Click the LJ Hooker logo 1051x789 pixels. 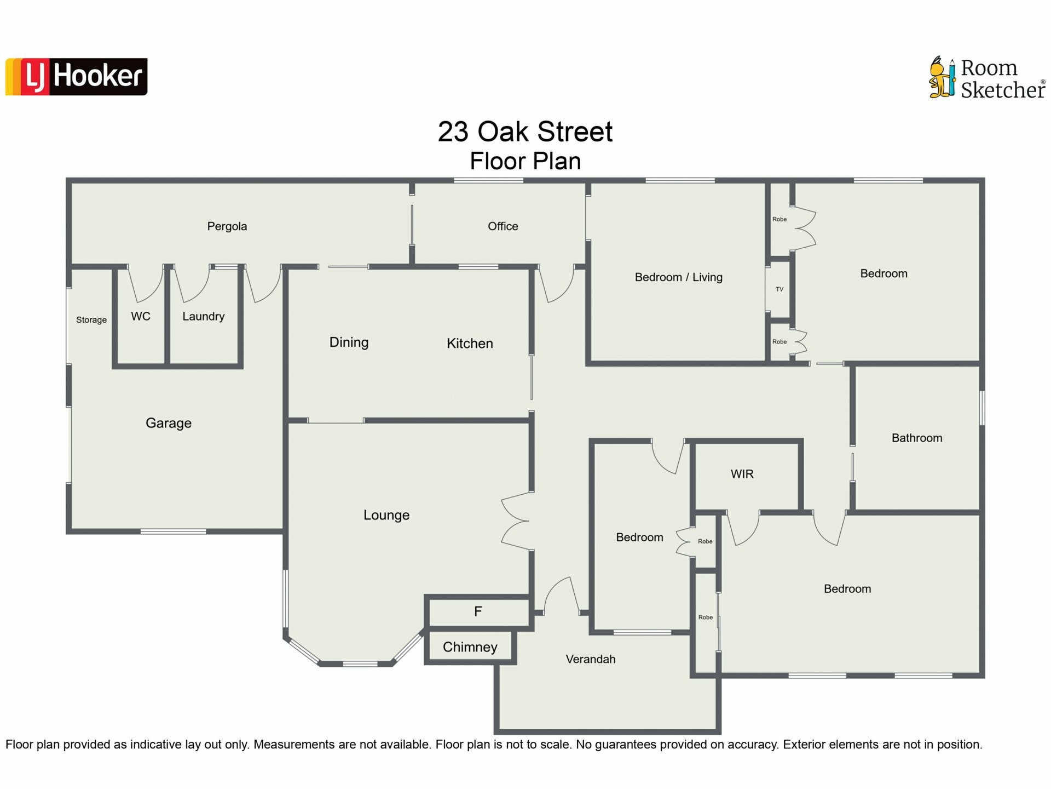[76, 77]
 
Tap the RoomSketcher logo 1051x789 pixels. [987, 78]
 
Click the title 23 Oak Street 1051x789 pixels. [525, 131]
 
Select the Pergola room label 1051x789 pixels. [227, 226]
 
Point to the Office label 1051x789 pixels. [503, 226]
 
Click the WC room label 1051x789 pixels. [141, 316]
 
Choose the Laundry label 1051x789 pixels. [204, 317]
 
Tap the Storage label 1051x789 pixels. [91, 320]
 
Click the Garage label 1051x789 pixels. [169, 423]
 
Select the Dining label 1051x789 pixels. [349, 342]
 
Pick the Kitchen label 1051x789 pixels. [470, 344]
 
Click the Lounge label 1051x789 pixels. [386, 515]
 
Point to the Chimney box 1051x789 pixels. [470, 647]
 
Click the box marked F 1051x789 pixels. [478, 611]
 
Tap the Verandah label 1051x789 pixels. [591, 659]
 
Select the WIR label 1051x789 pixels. [742, 474]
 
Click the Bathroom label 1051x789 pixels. [917, 438]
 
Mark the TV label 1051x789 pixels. [779, 289]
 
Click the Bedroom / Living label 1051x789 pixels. [679, 277]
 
